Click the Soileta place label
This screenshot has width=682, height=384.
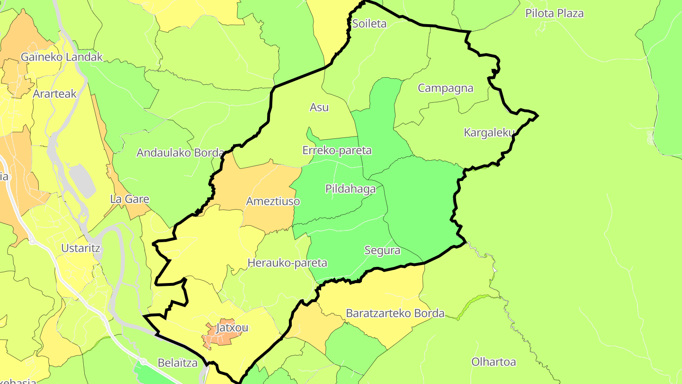point(369,24)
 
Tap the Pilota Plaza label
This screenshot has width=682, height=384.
point(554,13)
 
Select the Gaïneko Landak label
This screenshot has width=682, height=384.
point(62,57)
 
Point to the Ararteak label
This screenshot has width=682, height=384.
point(54,94)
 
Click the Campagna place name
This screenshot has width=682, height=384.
point(445,88)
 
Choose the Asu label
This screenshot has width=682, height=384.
point(319,108)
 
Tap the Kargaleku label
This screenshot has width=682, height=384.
point(489,133)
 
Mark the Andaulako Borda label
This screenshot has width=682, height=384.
point(180,153)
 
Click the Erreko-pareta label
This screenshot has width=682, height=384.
point(337,151)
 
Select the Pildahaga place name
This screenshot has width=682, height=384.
point(350,189)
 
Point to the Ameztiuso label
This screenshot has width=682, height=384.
point(273,201)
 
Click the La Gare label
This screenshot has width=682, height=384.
point(129,199)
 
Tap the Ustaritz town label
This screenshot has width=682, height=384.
point(81,248)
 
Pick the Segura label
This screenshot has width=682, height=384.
point(382,250)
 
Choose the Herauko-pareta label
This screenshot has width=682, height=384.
point(287,263)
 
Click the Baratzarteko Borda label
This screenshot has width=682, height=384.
point(395,313)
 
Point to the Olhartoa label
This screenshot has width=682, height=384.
point(493,362)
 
